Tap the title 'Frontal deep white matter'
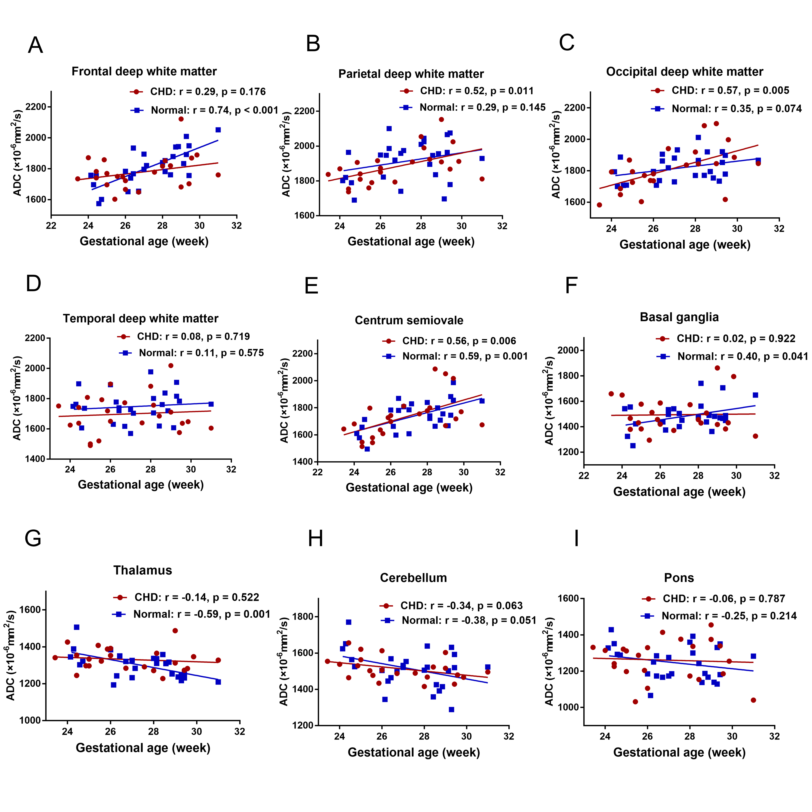[144, 71]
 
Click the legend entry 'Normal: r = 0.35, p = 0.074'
[736, 109]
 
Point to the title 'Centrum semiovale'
[409, 320]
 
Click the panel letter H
[315, 538]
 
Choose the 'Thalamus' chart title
[143, 570]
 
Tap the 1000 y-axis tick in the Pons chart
[568, 707]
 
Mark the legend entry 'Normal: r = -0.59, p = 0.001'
[201, 614]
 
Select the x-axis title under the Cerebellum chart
[414, 752]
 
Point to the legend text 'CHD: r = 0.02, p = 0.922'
[736, 339]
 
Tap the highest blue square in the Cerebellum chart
[348, 622]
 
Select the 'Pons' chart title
[679, 578]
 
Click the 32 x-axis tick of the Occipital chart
[779, 229]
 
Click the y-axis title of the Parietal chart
[286, 154]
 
